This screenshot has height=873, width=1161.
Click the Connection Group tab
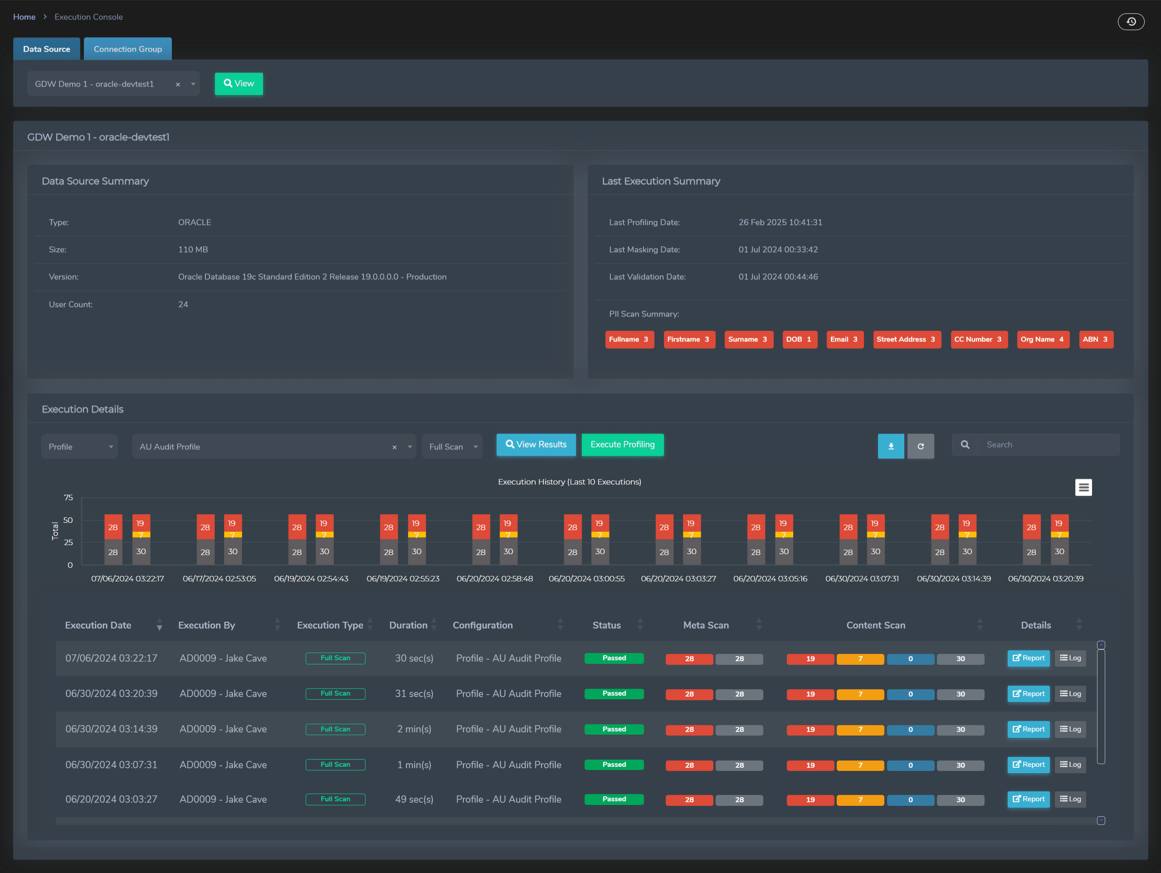pos(127,49)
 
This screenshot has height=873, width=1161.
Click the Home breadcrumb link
pos(24,17)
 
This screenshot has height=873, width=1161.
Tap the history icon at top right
pos(1131,21)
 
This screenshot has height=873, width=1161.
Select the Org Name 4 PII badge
pos(1042,339)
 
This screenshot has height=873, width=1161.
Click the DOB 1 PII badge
pos(798,339)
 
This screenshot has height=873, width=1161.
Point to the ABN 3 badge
pos(1095,339)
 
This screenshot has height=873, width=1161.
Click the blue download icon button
pos(890,446)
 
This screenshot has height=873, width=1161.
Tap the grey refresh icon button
pos(920,446)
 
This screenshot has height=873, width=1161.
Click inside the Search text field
pos(1047,444)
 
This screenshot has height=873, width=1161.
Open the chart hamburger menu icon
pos(1083,487)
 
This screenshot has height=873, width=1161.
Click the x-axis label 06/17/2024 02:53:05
pos(219,579)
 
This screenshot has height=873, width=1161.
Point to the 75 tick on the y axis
pos(68,497)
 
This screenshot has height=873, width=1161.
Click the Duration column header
pos(408,625)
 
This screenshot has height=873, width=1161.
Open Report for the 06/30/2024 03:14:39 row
pos(1028,729)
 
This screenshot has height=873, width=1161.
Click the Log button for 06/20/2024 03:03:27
pos(1070,799)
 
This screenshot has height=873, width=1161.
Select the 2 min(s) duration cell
pos(414,729)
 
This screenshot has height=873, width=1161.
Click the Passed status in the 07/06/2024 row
pos(614,658)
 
